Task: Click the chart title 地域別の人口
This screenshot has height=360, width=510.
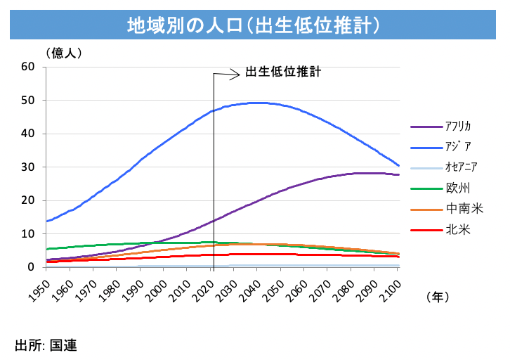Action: point(254,26)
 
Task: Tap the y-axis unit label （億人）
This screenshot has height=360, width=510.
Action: point(64,52)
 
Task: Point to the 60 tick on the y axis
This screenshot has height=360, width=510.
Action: point(28,67)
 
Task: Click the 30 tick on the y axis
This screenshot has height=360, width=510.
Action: point(28,167)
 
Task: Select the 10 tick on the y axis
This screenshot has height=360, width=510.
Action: point(28,233)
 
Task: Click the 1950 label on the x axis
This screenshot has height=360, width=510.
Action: point(42,288)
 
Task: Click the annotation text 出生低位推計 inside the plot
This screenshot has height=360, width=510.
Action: point(283,72)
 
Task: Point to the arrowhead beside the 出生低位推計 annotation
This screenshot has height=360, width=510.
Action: point(237,72)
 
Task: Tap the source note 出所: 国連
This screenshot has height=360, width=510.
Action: point(46,345)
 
